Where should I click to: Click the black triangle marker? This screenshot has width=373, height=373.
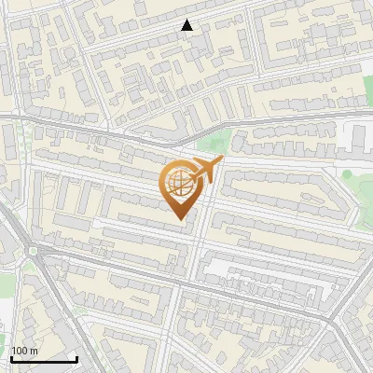[187, 25]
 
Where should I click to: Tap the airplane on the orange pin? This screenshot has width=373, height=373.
[205, 171]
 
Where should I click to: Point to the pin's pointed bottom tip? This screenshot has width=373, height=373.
[181, 220]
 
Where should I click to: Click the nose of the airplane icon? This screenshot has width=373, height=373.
[221, 161]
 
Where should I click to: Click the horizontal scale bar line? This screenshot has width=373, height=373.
[43, 359]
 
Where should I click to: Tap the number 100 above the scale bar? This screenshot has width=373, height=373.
[21, 351]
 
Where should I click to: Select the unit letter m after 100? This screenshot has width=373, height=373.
[34, 352]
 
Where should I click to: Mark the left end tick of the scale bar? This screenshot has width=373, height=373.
[10, 357]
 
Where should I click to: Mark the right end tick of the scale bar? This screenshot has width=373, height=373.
[76, 357]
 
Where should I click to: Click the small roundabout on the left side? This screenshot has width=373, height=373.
[34, 251]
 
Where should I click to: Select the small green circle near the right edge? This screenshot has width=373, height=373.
[347, 174]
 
